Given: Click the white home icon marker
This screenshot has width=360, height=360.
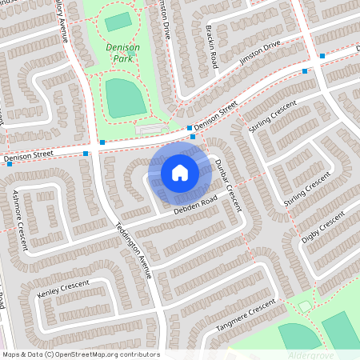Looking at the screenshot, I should [x=179, y=172].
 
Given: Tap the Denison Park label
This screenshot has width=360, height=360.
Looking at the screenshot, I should [x=122, y=53].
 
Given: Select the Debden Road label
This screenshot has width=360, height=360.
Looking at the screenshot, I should [x=195, y=205].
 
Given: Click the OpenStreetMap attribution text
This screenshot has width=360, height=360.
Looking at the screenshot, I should [x=81, y=354].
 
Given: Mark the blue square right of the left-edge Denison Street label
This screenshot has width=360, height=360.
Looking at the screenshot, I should [x=85, y=153].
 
